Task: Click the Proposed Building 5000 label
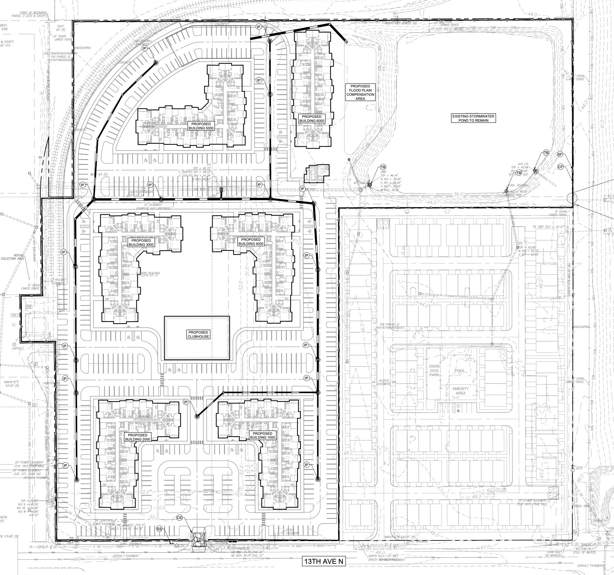(x=201, y=126)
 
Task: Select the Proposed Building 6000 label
(x=311, y=118)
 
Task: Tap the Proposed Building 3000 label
(x=141, y=242)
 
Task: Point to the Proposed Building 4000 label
(x=251, y=241)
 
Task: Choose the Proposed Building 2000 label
(x=137, y=437)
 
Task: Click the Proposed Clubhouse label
(x=198, y=334)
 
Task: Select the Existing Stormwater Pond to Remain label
(x=473, y=118)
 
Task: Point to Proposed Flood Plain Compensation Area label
(x=360, y=92)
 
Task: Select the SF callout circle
(x=560, y=154)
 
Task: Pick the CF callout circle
(x=560, y=166)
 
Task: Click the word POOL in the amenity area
(x=459, y=371)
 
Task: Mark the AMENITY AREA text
(x=460, y=391)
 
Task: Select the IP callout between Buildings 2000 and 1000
(x=186, y=402)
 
